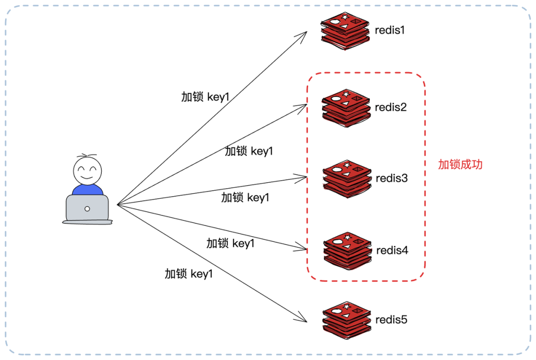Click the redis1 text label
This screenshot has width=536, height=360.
(x=390, y=30)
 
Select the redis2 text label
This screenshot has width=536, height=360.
(x=391, y=107)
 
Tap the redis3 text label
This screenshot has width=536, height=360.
(x=392, y=178)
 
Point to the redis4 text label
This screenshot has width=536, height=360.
(x=392, y=250)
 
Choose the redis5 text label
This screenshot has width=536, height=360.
(x=391, y=319)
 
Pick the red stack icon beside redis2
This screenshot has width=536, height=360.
(x=346, y=106)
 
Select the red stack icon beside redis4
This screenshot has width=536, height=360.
(x=347, y=250)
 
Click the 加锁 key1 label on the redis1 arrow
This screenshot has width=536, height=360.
(x=205, y=97)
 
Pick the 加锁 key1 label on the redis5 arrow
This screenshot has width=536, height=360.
(x=189, y=274)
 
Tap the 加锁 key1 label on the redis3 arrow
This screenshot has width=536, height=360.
(x=245, y=198)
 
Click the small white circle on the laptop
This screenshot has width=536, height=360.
(x=87, y=209)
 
